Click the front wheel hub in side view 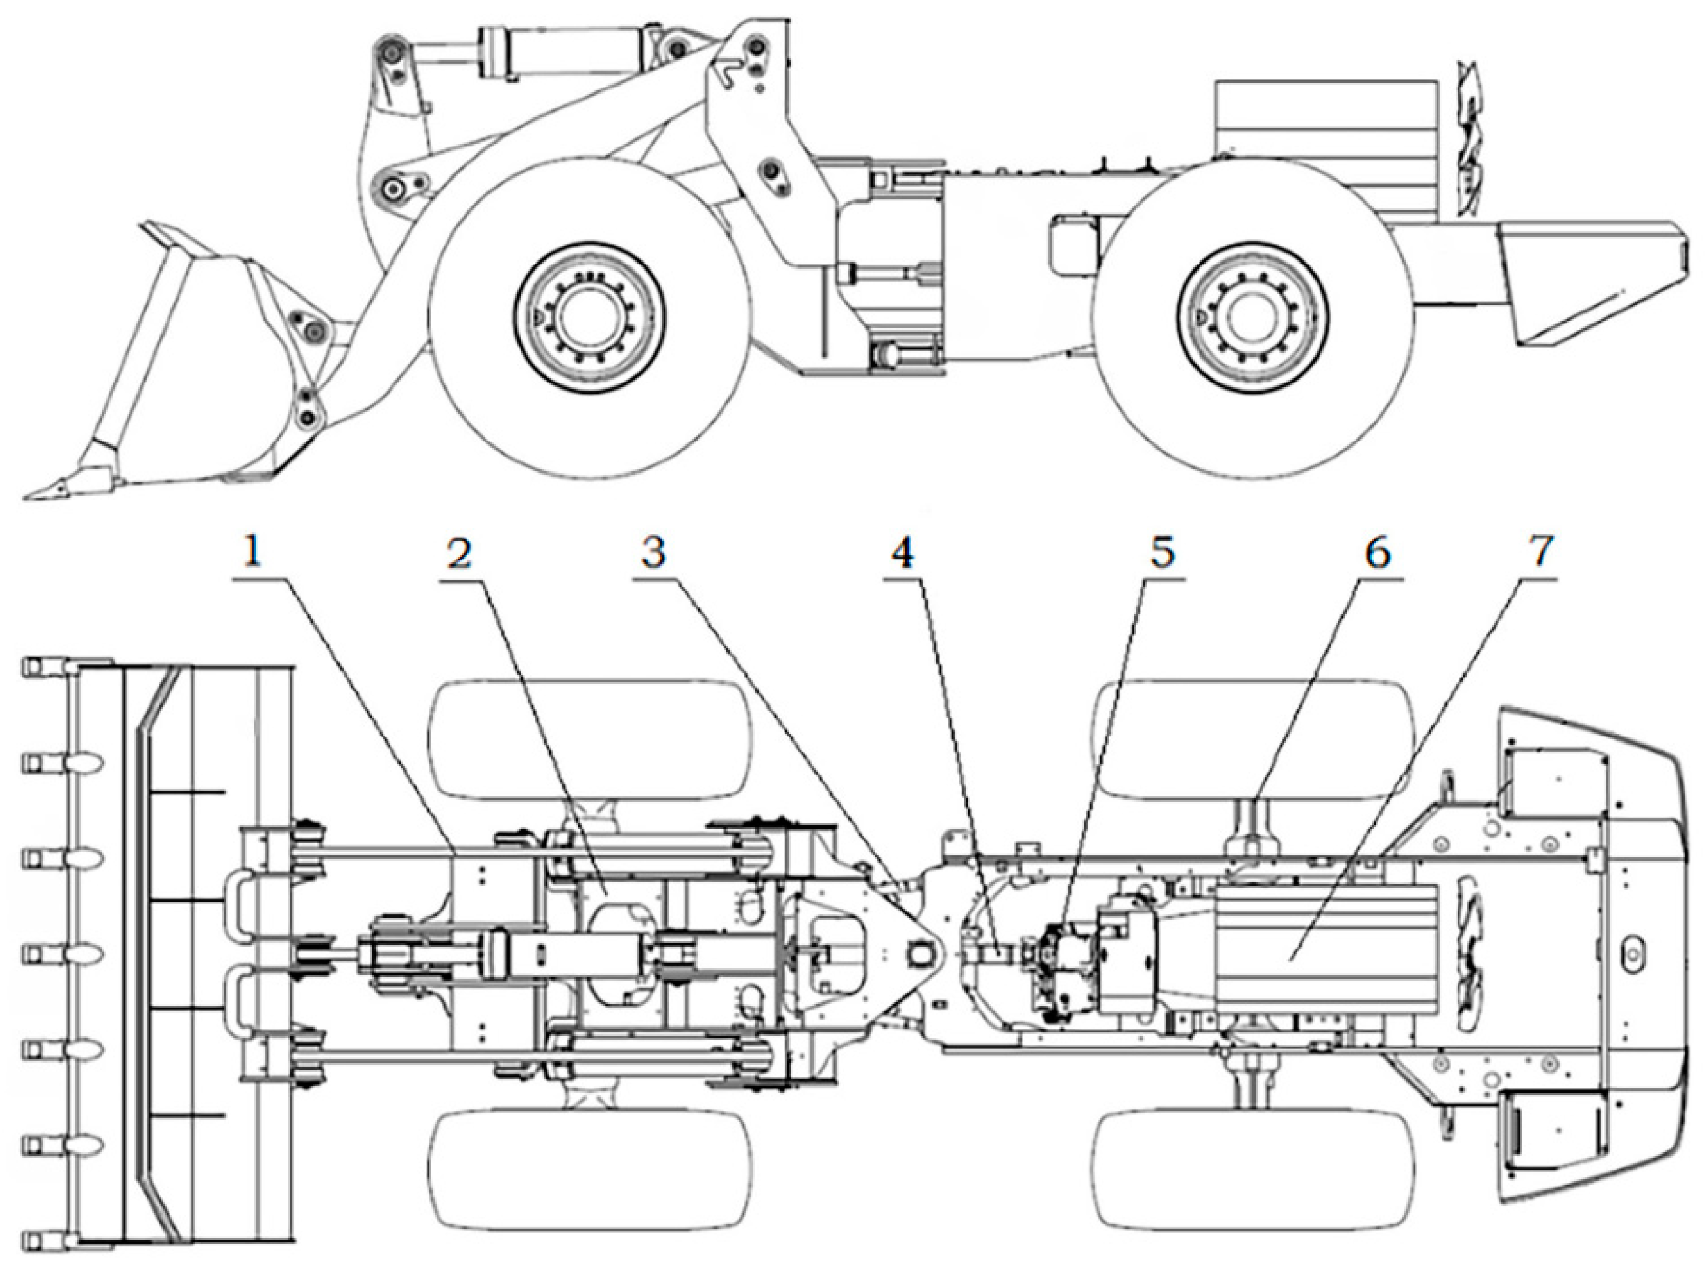590,319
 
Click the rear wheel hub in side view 1252,319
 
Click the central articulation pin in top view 920,954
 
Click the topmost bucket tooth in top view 32,665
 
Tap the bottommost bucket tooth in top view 32,1241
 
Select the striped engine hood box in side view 1326,147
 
